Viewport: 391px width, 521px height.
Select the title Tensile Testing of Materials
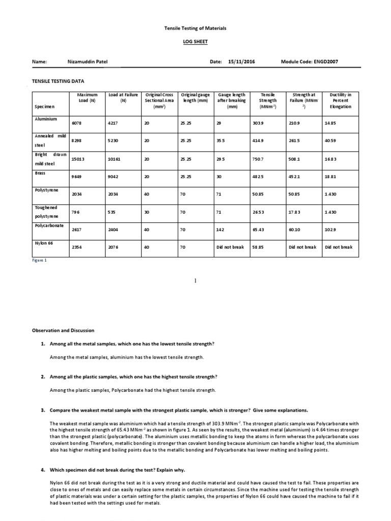(195, 28)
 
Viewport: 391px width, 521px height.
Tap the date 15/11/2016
(242, 62)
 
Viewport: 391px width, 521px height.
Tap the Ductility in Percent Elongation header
(337, 101)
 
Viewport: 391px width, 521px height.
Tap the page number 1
(195, 280)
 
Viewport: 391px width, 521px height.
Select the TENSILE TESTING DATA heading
(58, 81)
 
